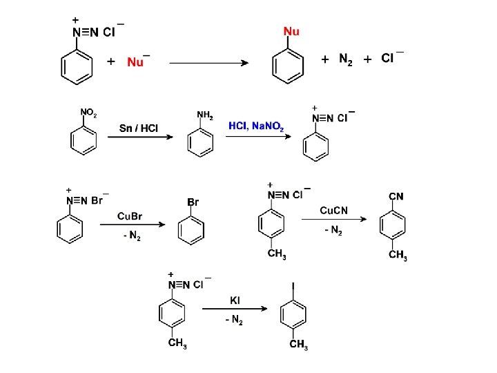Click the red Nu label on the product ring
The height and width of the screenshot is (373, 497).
tap(291, 32)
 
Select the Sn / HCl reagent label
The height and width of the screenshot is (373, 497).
tap(139, 128)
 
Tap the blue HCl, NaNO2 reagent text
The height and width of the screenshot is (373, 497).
tap(256, 125)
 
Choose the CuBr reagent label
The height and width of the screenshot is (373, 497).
tap(130, 216)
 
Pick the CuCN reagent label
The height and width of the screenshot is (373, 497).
tap(333, 210)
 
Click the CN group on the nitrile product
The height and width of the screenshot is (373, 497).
tap(396, 197)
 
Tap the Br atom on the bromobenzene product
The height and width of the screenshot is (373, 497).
tap(193, 202)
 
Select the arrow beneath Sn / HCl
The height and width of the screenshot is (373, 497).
tap(139, 137)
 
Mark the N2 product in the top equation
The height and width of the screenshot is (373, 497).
tap(346, 59)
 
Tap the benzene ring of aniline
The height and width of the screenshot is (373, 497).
tap(200, 143)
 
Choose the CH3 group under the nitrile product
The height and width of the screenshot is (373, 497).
tap(398, 256)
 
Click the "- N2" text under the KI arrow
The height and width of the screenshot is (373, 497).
tap(234, 321)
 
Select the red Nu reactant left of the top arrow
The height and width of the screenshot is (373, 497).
tap(135, 62)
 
